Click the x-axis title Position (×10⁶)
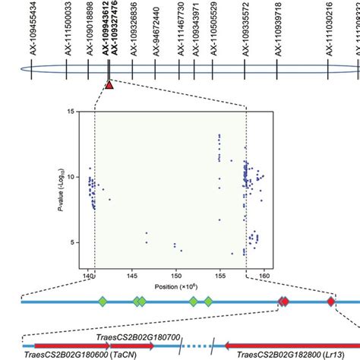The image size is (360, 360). [175, 286]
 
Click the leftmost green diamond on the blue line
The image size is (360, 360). [103, 302]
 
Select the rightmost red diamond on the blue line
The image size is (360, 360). [331, 302]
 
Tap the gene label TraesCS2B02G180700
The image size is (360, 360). [137, 335]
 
